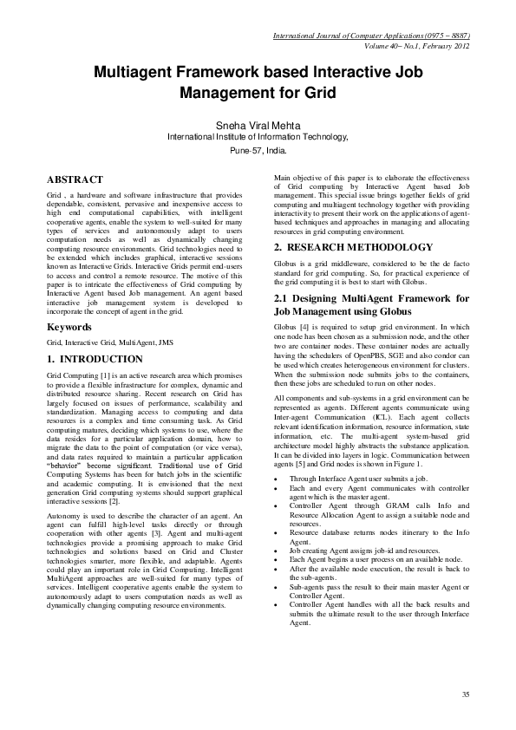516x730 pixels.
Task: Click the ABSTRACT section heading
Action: coord(75,179)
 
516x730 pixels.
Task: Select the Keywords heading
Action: coord(69,328)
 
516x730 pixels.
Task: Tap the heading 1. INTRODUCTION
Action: coord(95,358)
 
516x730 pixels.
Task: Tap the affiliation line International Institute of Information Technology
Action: coord(258,137)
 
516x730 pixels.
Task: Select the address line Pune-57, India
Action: coord(258,150)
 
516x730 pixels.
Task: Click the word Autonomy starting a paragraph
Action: coord(65,515)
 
